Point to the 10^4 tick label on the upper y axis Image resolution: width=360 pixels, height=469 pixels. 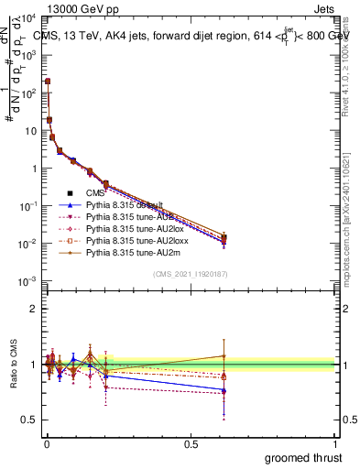pyautogui.click(x=27, y=18)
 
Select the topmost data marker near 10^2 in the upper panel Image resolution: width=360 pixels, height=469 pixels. pyautogui.click(x=48, y=82)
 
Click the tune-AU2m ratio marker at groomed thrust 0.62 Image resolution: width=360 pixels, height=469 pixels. pyautogui.click(x=224, y=356)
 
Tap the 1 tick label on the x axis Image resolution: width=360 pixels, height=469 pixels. pyautogui.click(x=335, y=443)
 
